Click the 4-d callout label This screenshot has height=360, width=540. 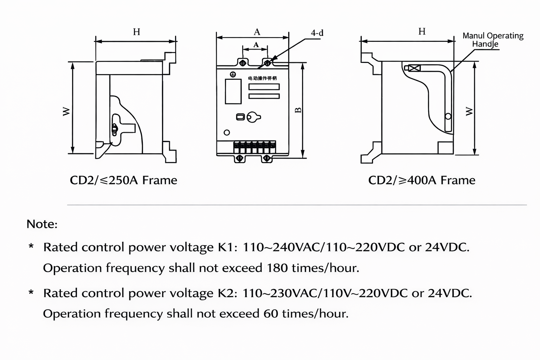[317, 33]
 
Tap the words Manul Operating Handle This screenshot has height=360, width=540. [493, 40]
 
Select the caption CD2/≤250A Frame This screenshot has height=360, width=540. [123, 180]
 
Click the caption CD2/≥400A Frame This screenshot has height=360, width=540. [422, 180]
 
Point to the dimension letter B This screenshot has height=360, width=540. [298, 110]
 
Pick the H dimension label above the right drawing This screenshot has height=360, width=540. [422, 32]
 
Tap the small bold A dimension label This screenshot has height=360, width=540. [256, 45]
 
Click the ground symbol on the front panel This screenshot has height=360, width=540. [232, 75]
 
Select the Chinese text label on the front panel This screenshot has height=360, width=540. [262, 78]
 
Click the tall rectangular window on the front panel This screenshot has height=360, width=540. [233, 91]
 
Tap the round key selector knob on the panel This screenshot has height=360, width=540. [252, 117]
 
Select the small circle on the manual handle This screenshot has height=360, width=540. [448, 116]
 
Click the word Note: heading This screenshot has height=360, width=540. [42, 224]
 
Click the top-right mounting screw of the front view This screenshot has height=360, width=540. [267, 63]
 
